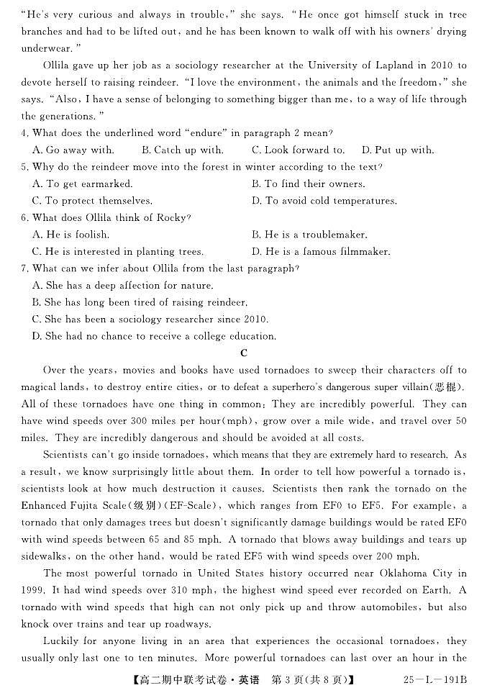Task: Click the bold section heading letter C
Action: pos(244,353)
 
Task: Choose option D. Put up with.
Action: pos(398,150)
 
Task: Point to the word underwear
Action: pos(49,48)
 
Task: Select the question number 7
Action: pos(25,268)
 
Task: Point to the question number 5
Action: pos(25,167)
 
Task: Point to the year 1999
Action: pos(34,590)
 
